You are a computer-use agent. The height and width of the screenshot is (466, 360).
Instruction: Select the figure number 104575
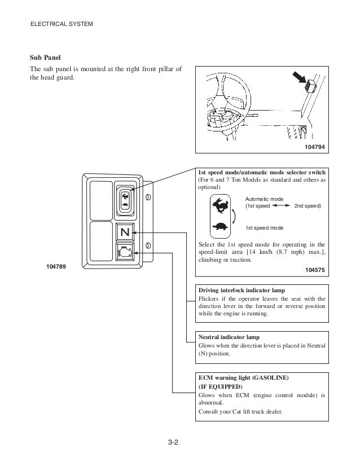(x=315, y=270)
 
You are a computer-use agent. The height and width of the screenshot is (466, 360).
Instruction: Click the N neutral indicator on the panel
(x=125, y=232)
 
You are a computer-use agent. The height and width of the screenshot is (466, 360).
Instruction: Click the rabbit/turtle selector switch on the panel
(x=125, y=200)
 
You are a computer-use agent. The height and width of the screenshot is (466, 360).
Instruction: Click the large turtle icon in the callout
(x=220, y=227)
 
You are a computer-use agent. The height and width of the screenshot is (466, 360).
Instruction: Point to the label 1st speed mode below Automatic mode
(x=264, y=227)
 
